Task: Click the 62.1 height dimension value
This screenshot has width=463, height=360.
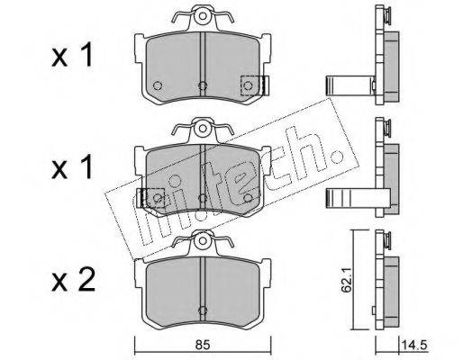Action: tap(346, 282)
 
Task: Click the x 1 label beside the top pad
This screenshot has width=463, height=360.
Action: tap(72, 56)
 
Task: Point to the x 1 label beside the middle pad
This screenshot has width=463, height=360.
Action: tap(72, 168)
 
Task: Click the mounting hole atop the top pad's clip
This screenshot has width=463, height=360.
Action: tap(203, 16)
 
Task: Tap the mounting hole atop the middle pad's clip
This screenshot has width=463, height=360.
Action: tap(203, 129)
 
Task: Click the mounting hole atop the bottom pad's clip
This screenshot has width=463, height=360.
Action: tap(203, 240)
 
